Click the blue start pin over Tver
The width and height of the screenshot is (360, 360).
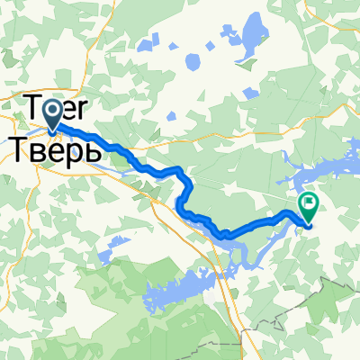[x=52, y=112]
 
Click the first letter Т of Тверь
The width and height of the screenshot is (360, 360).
[x=19, y=147]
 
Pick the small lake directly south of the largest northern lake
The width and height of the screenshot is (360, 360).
[x=191, y=62]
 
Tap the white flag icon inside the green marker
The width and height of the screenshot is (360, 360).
[x=309, y=203]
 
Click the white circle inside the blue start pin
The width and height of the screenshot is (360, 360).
[x=52, y=110]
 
